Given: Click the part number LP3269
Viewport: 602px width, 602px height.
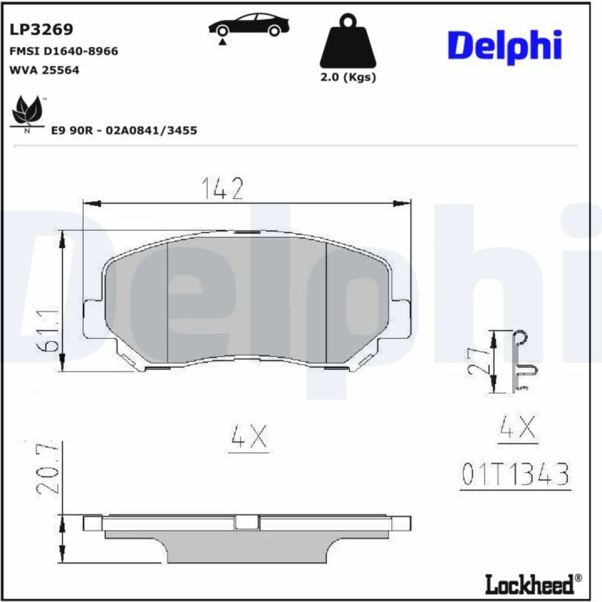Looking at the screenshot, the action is point(41,29).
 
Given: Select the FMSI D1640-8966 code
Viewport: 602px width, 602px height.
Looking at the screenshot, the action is point(64,51).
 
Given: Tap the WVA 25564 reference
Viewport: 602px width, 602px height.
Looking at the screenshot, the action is point(44,70).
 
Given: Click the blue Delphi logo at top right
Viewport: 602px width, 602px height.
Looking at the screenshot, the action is point(505,46).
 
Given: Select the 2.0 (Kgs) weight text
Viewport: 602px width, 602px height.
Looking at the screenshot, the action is point(348,77).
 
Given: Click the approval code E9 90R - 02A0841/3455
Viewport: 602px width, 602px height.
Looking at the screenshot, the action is point(124,131).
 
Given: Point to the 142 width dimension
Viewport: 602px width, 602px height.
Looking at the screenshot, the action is point(222,188).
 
